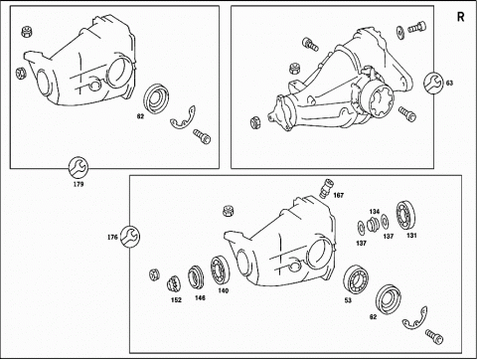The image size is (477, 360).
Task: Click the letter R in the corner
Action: (461, 17)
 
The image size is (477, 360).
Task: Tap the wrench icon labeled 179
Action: (79, 167)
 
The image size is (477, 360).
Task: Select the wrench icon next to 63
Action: (433, 83)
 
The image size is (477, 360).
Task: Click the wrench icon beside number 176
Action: (129, 237)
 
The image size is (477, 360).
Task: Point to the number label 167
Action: (338, 195)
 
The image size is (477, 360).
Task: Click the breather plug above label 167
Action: (326, 188)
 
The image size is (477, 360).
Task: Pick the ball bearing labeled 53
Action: (356, 280)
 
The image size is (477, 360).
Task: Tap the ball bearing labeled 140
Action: (220, 270)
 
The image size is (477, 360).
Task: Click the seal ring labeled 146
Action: (197, 278)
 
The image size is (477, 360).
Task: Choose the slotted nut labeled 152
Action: (174, 283)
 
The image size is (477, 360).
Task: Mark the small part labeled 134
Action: (374, 225)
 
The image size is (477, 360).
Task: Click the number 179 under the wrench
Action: (79, 184)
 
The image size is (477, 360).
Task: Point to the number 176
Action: (112, 238)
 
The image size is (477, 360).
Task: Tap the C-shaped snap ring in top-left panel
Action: (183, 118)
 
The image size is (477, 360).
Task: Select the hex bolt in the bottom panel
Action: (433, 336)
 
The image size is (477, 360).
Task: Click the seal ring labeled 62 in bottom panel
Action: (389, 299)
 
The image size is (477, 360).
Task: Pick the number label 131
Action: (411, 236)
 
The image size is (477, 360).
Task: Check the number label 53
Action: (348, 300)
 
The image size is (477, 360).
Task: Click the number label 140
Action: (224, 290)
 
